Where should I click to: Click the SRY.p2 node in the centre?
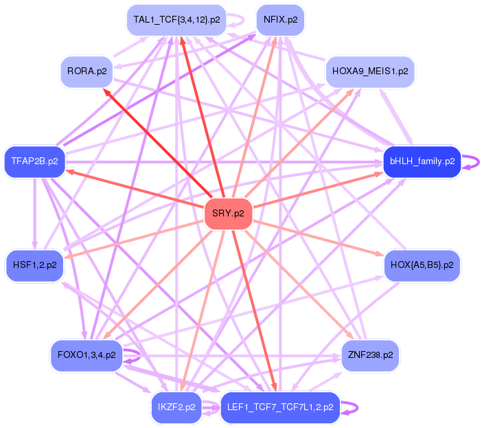tap(229, 214)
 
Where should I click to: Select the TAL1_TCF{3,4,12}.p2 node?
tap(176, 20)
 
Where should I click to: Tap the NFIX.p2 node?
tap(280, 20)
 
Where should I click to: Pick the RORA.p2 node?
tap(87, 71)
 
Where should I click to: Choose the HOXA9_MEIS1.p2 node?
tap(369, 71)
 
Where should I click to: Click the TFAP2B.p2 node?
tap(34, 162)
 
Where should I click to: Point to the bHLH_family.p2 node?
tap(422, 162)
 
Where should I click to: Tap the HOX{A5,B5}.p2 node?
tap(422, 264)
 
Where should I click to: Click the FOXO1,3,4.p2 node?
tap(87, 355)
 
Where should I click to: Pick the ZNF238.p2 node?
tap(369, 355)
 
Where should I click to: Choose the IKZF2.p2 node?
tap(176, 407)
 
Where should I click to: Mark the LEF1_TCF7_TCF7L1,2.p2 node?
tap(279, 407)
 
